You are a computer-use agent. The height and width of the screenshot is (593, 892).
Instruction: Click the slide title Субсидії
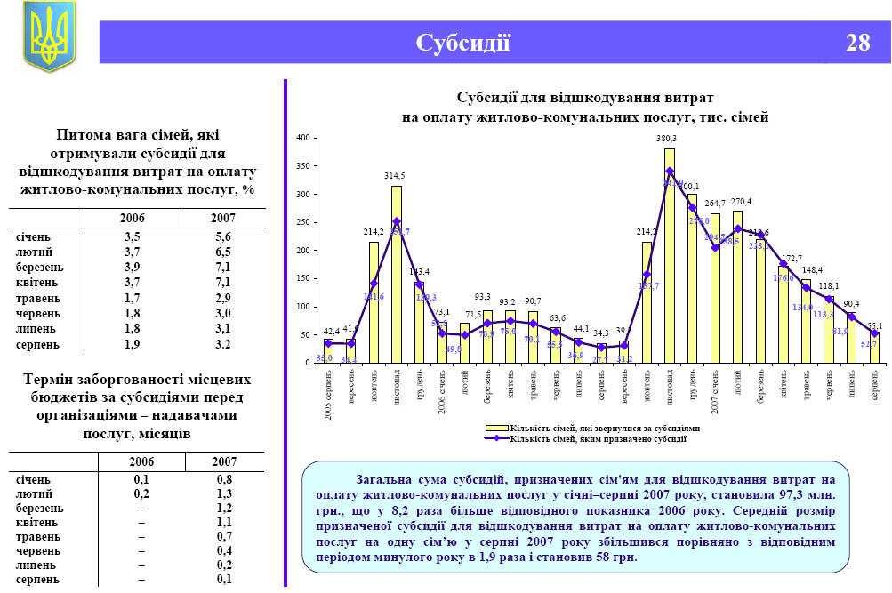click(x=463, y=43)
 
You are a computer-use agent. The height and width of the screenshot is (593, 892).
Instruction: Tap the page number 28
click(x=857, y=43)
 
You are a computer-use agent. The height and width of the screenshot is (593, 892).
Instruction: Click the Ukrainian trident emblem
click(x=49, y=36)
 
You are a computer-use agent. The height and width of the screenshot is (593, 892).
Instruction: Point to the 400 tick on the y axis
click(x=302, y=138)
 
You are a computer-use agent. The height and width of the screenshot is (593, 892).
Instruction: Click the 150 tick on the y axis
click(x=302, y=278)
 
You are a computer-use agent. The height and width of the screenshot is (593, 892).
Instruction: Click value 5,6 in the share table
click(x=222, y=237)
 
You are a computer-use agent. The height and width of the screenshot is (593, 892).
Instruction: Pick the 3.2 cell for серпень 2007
click(x=222, y=344)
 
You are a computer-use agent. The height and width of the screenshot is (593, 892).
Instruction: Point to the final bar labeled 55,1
click(x=873, y=347)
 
